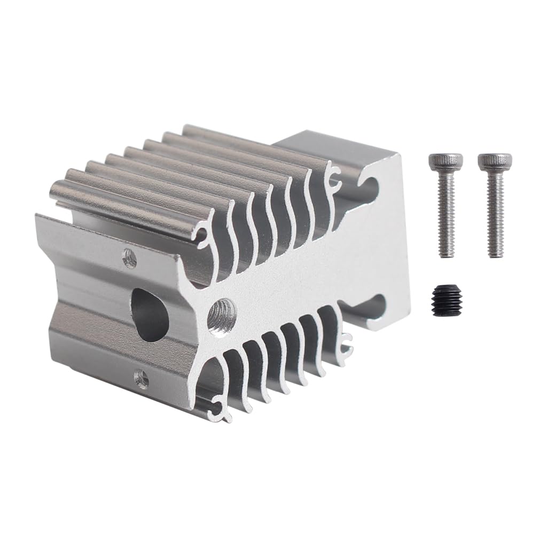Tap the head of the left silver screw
point(446,162)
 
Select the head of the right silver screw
point(494,161)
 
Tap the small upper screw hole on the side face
point(129,259)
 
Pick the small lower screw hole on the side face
point(141,379)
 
